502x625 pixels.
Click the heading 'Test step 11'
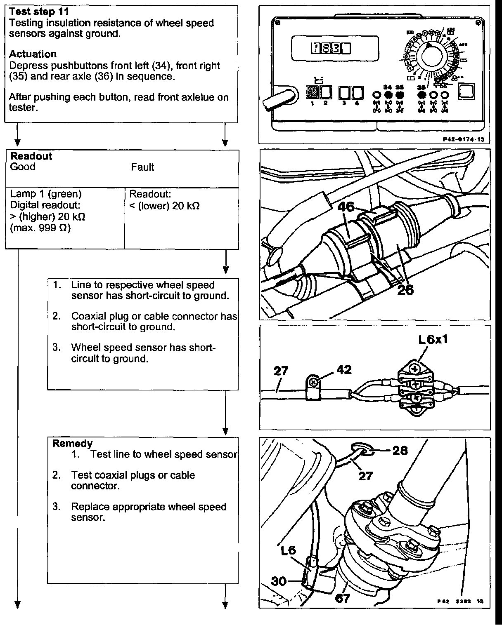point(39,12)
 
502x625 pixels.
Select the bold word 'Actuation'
point(33,54)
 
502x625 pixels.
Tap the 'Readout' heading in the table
point(31,156)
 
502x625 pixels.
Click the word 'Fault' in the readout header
point(142,167)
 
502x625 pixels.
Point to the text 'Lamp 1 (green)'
point(45,194)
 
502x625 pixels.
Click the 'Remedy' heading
point(72,444)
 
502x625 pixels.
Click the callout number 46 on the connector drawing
point(346,206)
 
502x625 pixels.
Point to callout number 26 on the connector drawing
point(405,290)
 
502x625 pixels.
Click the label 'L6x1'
point(433,340)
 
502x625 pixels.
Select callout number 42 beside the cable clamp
point(344,369)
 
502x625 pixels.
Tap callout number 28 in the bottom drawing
point(400,450)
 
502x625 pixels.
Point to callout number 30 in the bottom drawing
point(279,581)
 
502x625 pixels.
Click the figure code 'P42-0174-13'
point(463,139)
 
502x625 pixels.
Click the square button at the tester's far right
point(467,91)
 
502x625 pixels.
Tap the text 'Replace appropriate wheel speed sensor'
point(149,512)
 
